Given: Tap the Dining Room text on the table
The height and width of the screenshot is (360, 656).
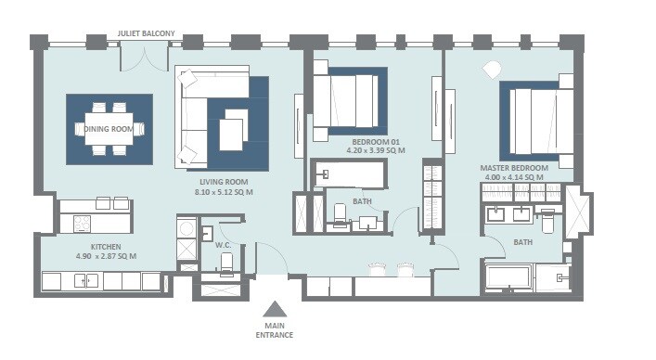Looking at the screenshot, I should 109,128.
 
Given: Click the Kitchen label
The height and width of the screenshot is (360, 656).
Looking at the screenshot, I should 93,247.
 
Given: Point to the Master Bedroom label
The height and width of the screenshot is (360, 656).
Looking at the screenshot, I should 513,168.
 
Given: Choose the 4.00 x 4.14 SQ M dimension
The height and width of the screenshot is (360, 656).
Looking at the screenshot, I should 513,177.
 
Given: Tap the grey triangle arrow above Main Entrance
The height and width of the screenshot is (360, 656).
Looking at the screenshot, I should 275,310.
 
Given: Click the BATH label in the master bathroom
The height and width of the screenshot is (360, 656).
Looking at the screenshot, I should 523,244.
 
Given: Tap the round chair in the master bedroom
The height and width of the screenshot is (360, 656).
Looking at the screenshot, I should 491,67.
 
